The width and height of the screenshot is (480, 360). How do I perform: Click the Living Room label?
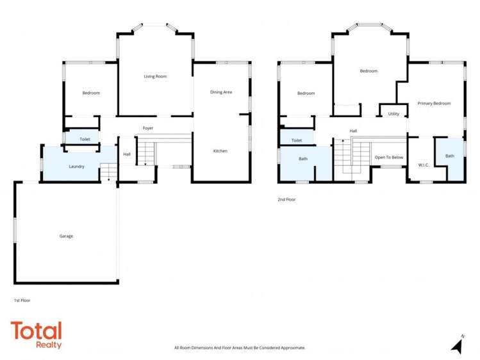tap(155, 76)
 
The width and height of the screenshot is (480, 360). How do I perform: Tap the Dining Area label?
tap(221, 92)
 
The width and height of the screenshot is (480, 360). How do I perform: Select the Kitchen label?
tap(220, 151)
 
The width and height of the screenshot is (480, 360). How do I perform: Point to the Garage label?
tap(66, 236)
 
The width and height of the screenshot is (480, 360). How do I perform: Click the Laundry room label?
tap(77, 167)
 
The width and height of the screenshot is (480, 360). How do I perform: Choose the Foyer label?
tap(148, 128)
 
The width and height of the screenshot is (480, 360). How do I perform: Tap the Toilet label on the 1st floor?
tap(85, 139)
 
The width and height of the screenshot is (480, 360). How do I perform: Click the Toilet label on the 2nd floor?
tap(297, 140)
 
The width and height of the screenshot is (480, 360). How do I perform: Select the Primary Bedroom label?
tap(434, 103)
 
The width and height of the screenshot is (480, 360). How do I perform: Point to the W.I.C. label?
tap(423, 165)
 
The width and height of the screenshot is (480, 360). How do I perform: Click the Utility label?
tap(393, 114)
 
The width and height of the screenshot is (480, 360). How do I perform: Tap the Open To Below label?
tap(389, 157)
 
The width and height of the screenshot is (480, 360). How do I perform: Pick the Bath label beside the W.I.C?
tap(450, 156)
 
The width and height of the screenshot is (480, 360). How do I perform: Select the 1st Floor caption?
tap(22, 300)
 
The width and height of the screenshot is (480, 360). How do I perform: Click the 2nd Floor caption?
tap(286, 199)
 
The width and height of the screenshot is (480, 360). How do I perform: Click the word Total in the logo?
tap(36, 331)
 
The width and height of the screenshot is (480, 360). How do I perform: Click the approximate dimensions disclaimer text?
tap(240, 348)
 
